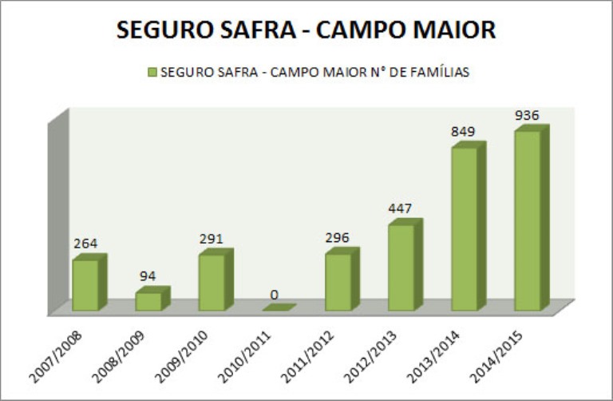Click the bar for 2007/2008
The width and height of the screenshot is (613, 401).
(85, 284)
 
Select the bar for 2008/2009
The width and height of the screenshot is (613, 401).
(148, 301)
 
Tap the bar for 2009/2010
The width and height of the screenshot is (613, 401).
(212, 282)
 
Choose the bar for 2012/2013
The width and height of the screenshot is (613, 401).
(401, 267)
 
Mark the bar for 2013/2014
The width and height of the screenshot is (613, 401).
(464, 228)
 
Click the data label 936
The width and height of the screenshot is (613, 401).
(527, 115)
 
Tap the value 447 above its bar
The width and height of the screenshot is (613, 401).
(400, 209)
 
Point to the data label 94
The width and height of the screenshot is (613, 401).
(148, 276)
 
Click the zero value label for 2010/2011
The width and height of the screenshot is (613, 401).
(275, 295)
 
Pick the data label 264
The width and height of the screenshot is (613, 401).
(85, 244)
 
